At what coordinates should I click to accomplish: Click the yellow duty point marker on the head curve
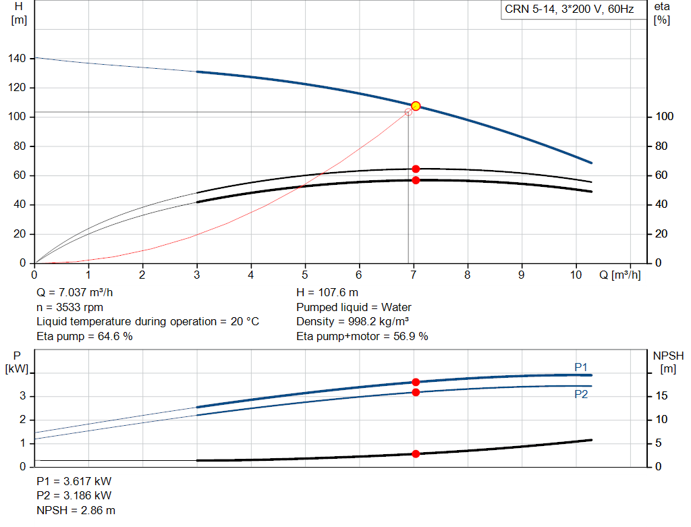coord(416,106)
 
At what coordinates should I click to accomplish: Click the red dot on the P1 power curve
coord(416,382)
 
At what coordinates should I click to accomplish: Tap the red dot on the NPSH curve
coord(416,454)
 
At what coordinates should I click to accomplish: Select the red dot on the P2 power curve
coord(416,392)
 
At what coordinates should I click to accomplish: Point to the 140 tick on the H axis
coord(17,58)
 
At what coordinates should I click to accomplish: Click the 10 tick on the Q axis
coord(576,275)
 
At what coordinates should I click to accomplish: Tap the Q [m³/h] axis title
coord(620,275)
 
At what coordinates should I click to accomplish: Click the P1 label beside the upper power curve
coord(581,367)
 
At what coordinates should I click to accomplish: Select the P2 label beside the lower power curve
coord(581,394)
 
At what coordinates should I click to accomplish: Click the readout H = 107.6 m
coord(327,293)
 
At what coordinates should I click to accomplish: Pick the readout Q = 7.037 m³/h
coord(74,293)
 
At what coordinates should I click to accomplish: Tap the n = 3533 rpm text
coord(70,307)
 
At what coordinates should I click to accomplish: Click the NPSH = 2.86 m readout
coord(76,510)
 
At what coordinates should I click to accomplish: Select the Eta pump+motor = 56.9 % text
coord(362,336)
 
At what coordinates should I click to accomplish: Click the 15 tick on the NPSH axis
coord(661,395)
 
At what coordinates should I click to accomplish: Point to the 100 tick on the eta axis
coord(665,116)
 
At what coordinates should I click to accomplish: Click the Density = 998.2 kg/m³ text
coord(352,322)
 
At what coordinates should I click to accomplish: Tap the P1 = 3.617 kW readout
coord(74,481)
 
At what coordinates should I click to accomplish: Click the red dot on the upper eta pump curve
coord(416,169)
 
